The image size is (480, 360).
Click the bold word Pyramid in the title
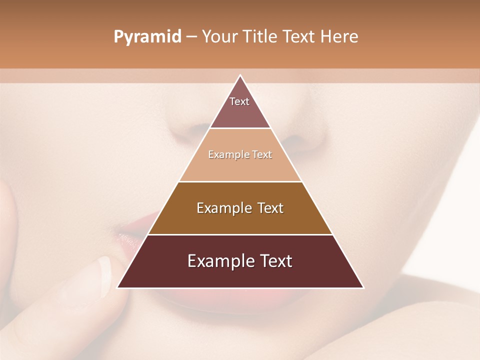(x=147, y=37)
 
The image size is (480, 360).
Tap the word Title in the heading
(x=261, y=37)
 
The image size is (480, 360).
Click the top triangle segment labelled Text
(x=240, y=105)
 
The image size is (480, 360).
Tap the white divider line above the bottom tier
(x=240, y=234)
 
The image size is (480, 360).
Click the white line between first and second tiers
(x=240, y=128)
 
